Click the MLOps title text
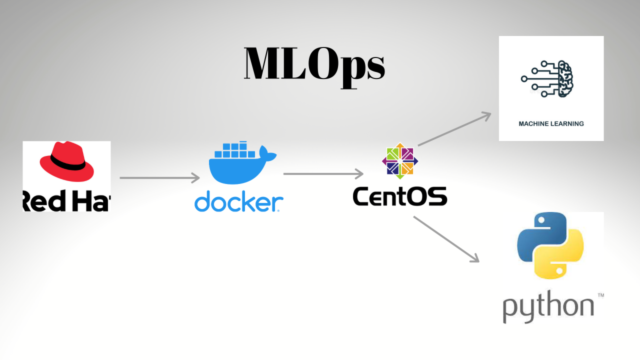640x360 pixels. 314,64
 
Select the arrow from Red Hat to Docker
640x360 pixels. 159,177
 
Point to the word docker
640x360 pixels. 238,202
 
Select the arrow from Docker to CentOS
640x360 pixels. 323,173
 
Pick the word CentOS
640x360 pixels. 399,196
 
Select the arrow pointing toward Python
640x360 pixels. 446,238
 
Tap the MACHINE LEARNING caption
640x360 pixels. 551,123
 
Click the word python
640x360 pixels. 548,306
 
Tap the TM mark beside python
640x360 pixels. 600,295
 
